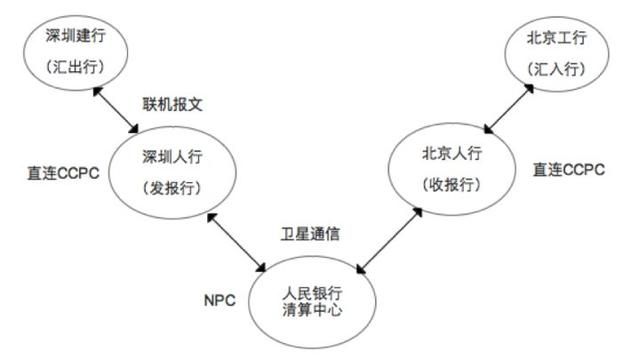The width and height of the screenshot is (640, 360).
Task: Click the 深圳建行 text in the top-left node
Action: coord(76,36)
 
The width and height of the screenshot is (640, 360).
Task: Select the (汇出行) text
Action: coord(75,67)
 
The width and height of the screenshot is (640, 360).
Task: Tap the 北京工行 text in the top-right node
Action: coord(557,38)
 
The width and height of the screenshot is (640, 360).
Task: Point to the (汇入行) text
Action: coord(557,69)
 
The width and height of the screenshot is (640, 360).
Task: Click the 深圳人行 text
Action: coord(173,156)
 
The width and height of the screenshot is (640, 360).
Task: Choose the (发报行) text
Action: coord(172,188)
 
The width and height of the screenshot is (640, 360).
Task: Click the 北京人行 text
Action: coord(452,153)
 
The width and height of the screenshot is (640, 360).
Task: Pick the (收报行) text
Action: coord(452,185)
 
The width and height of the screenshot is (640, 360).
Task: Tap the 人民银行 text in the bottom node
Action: coord(312,293)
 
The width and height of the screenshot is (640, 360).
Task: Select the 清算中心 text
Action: coord(312,310)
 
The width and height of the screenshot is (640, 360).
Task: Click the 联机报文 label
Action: coord(173,104)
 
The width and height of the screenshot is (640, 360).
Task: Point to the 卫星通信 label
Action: coord(310,234)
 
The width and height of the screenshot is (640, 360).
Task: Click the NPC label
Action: coord(220,301)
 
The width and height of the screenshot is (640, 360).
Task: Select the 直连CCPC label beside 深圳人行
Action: coord(63,173)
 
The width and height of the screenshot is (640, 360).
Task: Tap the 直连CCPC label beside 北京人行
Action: coord(569,170)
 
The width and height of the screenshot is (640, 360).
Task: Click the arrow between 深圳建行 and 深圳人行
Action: coord(116,110)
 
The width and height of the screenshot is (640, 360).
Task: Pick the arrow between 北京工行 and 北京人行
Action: coord(509,109)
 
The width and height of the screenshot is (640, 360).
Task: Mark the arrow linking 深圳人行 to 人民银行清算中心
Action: coord(236,242)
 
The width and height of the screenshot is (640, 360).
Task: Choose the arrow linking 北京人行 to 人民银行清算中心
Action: coord(389,240)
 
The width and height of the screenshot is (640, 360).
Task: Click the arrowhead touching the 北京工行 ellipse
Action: coord(529,89)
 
